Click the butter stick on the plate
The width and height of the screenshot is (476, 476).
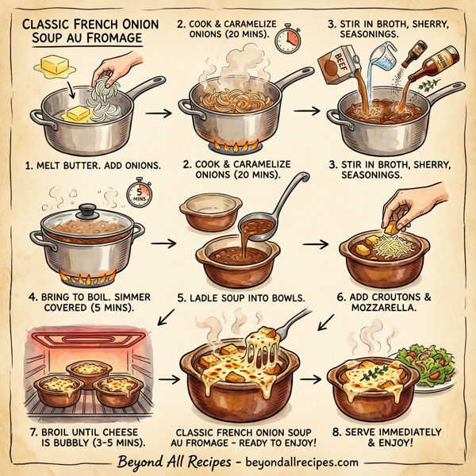tap(52, 66)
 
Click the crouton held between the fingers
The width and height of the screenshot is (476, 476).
tap(392, 228)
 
